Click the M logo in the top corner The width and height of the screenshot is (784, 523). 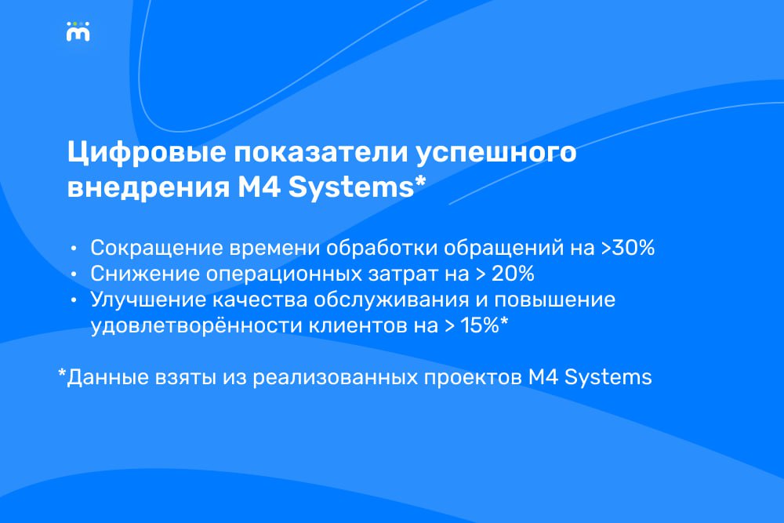click(x=78, y=31)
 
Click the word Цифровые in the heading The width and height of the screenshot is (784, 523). click(x=147, y=153)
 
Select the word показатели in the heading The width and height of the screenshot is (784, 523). click(x=321, y=152)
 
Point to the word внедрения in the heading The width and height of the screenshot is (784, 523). click(x=148, y=188)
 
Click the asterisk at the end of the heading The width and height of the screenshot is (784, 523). click(x=420, y=180)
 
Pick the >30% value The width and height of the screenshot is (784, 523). click(x=627, y=248)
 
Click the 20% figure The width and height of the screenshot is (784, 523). click(x=513, y=274)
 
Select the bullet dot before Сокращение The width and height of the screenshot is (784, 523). click(x=74, y=248)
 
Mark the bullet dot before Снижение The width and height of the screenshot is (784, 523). click(x=74, y=274)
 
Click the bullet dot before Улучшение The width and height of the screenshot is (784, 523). click(x=74, y=300)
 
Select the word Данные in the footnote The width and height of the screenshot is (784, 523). click(x=107, y=378)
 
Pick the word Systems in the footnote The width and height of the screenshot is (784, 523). click(x=608, y=378)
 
